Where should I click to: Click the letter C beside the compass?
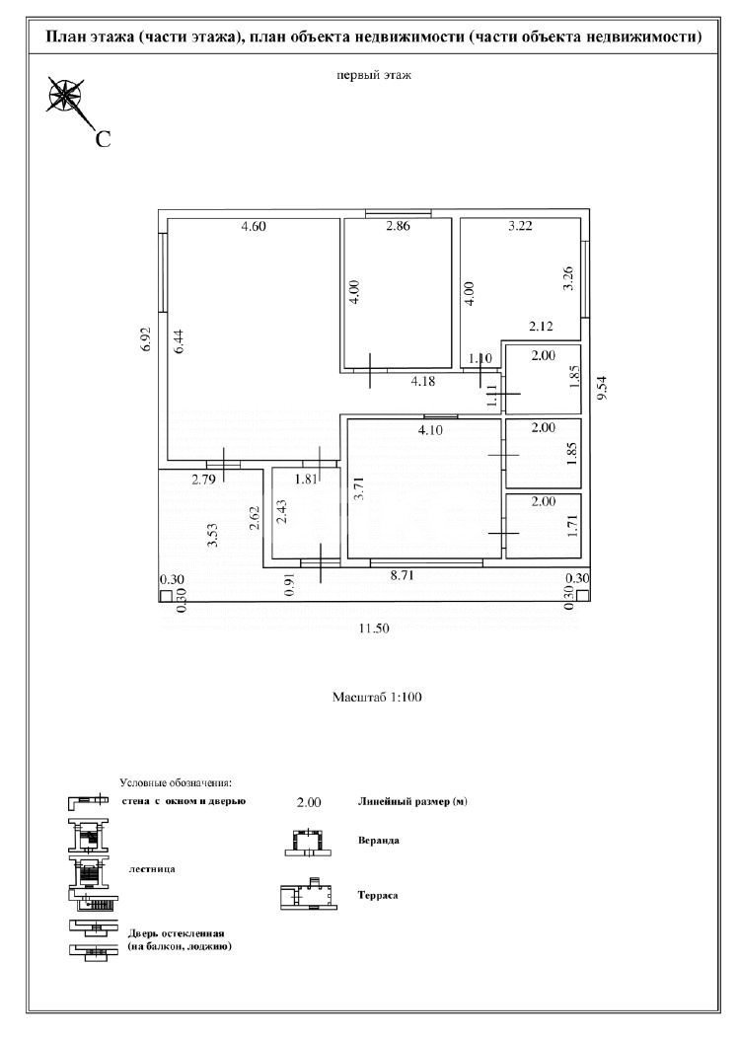coord(102,139)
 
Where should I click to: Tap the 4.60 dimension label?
coord(255,227)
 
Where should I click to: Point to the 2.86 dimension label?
coord(397,227)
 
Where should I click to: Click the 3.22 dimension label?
coord(520,227)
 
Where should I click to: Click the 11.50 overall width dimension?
coord(376,629)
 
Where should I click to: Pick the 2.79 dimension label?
coord(204,481)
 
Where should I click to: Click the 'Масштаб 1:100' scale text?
coord(377,698)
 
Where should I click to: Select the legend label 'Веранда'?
coord(379,841)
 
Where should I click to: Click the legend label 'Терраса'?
coord(378,896)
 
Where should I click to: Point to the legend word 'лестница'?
coord(152,869)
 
